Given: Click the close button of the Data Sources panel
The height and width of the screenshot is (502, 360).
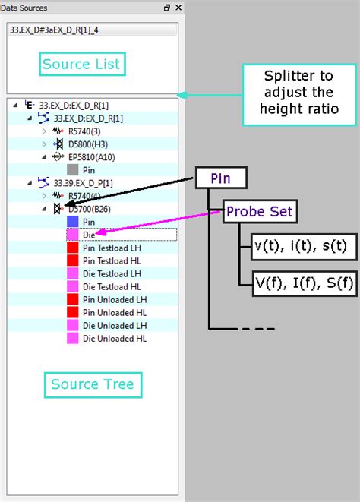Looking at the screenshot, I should tap(178, 8).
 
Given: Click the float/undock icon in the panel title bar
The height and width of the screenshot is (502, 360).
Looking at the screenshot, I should tap(167, 8).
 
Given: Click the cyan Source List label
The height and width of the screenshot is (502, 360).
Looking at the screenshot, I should tap(82, 64).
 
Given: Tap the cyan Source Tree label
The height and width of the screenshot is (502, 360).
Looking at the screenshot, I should tap(92, 385).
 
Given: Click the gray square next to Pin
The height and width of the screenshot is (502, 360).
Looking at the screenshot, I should tap(73, 170).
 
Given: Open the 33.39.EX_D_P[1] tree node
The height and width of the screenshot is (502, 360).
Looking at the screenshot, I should tap(83, 183).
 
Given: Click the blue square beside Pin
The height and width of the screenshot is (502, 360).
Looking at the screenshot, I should tap(73, 222).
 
